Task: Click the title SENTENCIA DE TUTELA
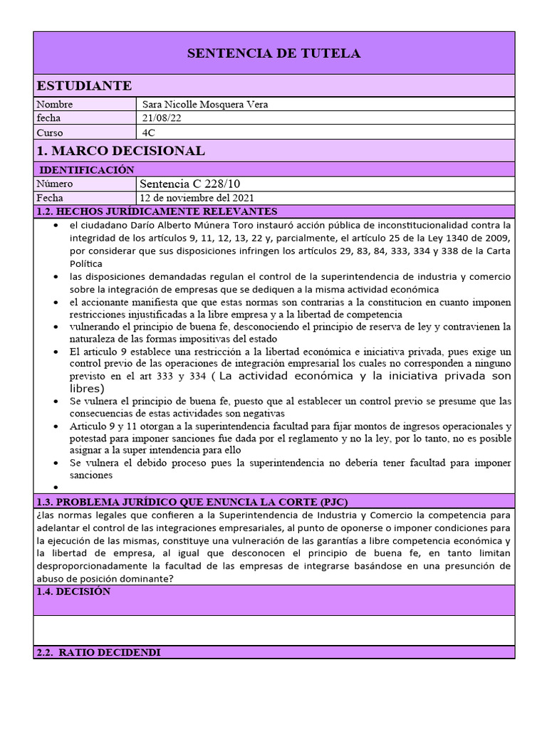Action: (x=273, y=53)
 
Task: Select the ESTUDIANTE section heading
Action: (x=84, y=86)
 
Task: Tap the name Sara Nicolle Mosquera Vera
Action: (x=205, y=105)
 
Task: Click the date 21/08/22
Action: (x=162, y=118)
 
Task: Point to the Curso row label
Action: (x=50, y=132)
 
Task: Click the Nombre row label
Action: (x=54, y=105)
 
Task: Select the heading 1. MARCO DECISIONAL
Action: (x=120, y=151)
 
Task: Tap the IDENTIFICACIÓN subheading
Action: (x=87, y=169)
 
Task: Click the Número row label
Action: (x=55, y=184)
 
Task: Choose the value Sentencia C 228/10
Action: (x=190, y=184)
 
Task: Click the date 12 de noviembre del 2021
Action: (x=197, y=198)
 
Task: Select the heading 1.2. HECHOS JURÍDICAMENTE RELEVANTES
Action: (x=156, y=211)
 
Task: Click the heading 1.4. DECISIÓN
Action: (x=73, y=592)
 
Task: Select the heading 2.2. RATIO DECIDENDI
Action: (x=98, y=652)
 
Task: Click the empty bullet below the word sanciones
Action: (x=57, y=488)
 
